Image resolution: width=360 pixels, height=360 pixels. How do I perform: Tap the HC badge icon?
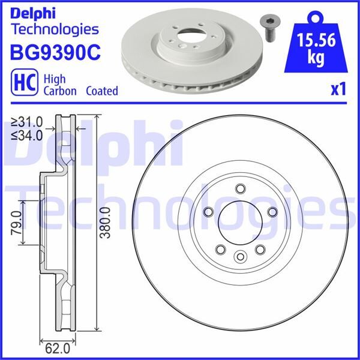[x=22, y=83]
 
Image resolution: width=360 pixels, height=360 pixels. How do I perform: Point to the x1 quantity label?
[x=338, y=90]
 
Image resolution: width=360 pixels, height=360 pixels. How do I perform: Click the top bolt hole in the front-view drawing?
[x=240, y=190]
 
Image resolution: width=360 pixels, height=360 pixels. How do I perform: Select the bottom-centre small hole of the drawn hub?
[x=240, y=257]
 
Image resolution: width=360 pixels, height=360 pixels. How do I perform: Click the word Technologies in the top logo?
[x=54, y=28]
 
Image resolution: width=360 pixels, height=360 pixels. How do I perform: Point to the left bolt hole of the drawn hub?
[x=208, y=212]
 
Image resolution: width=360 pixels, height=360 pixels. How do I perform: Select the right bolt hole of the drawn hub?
[x=272, y=212]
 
